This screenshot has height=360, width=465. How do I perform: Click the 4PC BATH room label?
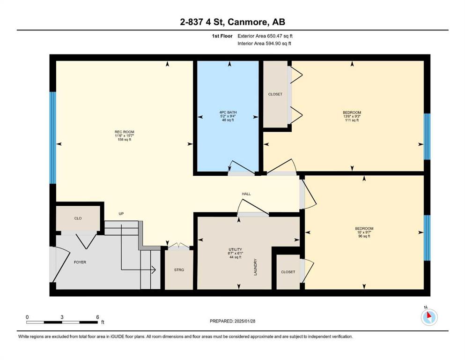tap(228, 112)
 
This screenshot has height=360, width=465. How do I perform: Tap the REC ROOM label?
tap(124, 132)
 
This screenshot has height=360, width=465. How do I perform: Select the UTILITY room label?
tap(236, 249)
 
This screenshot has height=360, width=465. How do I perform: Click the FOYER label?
tap(80, 262)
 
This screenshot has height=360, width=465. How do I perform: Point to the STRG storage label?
tap(179, 270)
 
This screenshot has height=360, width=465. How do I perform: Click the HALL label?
tap(246, 194)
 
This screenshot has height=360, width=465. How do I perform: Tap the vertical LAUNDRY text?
tap(255, 267)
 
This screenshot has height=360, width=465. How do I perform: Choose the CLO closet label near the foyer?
tap(78, 218)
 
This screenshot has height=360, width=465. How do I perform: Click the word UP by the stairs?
tap(121, 213)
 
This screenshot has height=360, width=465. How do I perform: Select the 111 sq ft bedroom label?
tap(352, 112)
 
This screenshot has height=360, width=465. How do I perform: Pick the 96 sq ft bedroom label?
tap(364, 229)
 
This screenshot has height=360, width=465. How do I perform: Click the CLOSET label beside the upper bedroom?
tap(275, 94)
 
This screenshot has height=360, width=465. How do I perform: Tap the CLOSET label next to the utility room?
tap(288, 272)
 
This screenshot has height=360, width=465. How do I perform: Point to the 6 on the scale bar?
tap(97, 317)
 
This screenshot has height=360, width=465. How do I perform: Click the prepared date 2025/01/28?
tap(244, 321)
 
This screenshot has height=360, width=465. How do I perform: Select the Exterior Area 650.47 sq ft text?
tap(265, 36)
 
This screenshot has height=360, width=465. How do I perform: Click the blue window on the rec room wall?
tap(53, 138)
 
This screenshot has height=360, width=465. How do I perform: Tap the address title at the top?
tap(232, 22)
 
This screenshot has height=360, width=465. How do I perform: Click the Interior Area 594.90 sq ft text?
tap(264, 43)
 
